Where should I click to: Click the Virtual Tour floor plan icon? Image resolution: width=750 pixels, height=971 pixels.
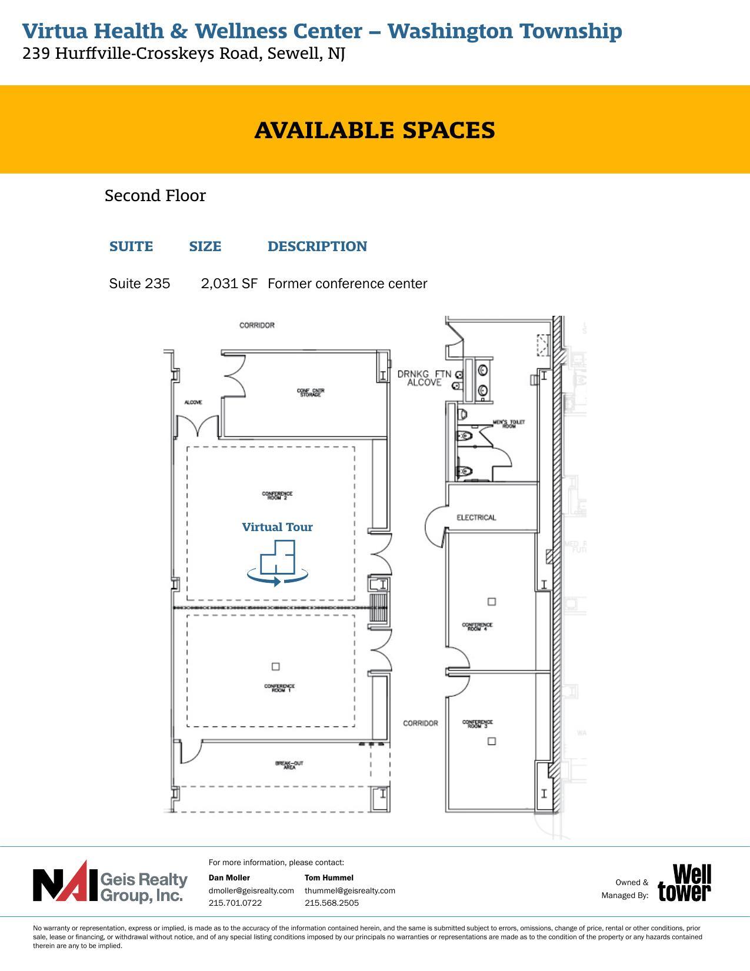point(277,563)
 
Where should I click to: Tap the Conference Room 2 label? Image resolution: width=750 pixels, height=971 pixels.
point(277,496)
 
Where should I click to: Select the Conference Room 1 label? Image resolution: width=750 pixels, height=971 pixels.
point(279,688)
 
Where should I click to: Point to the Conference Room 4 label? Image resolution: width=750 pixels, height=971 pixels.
point(477,627)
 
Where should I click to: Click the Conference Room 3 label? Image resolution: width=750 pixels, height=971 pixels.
point(477,724)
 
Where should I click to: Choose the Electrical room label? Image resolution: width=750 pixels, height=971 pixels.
point(476,518)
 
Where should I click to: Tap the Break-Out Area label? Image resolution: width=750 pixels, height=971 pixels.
point(289,765)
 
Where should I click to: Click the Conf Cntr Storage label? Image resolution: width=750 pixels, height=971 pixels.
point(311,392)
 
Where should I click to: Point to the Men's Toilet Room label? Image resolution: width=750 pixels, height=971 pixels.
point(509,423)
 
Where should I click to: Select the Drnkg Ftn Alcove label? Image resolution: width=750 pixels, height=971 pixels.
point(424,378)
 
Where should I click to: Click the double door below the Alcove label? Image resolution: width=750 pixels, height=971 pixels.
point(197,426)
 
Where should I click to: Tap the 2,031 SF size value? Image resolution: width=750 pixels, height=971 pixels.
point(229,283)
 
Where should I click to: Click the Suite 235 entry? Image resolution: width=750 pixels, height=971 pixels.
point(139,283)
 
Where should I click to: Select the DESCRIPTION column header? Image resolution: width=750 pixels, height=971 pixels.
point(317,246)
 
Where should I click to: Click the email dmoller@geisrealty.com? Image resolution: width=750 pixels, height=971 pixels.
point(251,890)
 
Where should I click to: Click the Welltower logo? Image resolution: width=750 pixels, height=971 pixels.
point(684,883)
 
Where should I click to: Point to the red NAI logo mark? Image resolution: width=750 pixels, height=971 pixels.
point(65,882)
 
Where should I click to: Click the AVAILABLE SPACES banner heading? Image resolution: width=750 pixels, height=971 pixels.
point(375,131)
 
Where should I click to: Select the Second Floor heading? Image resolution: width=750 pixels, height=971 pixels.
point(155,196)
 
